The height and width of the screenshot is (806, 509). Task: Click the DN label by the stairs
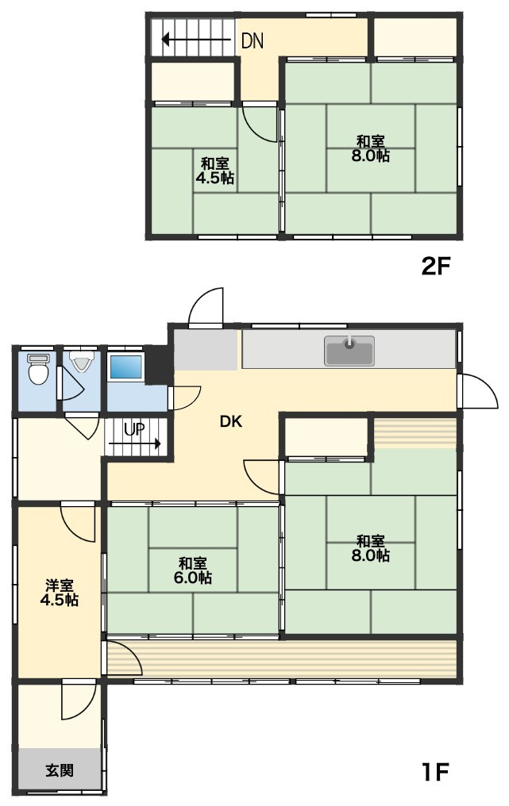pyautogui.click(x=253, y=41)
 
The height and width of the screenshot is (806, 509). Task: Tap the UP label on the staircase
pyautogui.click(x=134, y=429)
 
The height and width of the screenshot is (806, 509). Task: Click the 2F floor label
pyautogui.click(x=436, y=266)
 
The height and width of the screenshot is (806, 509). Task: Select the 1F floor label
pyautogui.click(x=436, y=772)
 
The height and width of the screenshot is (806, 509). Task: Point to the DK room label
pyautogui.click(x=231, y=421)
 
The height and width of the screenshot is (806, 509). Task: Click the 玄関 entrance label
pyautogui.click(x=60, y=770)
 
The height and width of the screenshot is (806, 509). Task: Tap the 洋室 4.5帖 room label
pyautogui.click(x=60, y=592)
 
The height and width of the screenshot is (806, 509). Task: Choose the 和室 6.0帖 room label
pyautogui.click(x=192, y=570)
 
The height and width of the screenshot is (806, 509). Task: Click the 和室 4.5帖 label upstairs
pyautogui.click(x=214, y=171)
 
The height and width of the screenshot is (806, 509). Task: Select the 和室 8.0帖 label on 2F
pyautogui.click(x=371, y=148)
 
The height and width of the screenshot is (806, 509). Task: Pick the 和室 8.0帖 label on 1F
pyautogui.click(x=371, y=548)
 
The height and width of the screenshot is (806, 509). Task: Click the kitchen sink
pyautogui.click(x=349, y=351)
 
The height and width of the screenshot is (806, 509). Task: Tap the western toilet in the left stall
pyautogui.click(x=37, y=368)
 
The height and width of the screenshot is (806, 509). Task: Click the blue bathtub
pyautogui.click(x=125, y=367)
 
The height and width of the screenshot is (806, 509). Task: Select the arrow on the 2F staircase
pyautogui.click(x=195, y=39)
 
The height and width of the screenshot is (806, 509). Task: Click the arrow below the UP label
pyautogui.click(x=135, y=443)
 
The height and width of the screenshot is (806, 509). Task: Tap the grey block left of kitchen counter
pyautogui.click(x=206, y=350)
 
